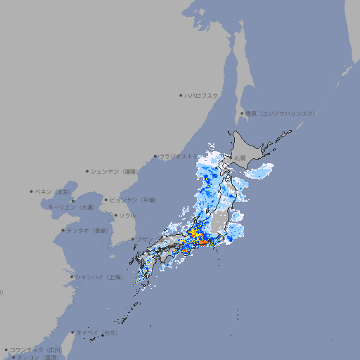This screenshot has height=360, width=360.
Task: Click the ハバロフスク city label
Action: pos(202,95)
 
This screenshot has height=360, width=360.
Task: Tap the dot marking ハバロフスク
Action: pos(181,95)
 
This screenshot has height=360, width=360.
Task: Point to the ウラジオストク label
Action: pos(178,157)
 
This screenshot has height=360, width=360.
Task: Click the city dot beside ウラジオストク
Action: pos(155,157)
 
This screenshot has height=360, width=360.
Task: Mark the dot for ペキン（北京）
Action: pos(32,191)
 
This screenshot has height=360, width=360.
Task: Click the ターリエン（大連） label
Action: pos(70,207)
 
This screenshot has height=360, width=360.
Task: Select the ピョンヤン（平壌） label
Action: pos(133,200)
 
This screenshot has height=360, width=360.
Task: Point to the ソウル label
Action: pos(127,215)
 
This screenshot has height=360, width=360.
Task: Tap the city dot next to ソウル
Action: pos(115,215)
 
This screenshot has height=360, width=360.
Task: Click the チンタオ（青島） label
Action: pos(87,231)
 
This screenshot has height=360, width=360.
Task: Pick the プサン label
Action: pos(143,239)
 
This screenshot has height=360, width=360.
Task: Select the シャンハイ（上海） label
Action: pos(98,277)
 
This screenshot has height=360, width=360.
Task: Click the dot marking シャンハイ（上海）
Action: pos(72,277)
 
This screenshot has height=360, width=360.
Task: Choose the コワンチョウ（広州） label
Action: pos(35,349)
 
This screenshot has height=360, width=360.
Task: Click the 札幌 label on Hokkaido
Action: pos(240,157)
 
